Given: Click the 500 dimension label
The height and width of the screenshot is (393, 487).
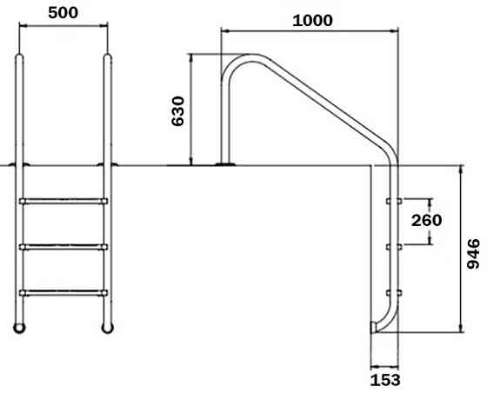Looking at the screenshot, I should [63, 13].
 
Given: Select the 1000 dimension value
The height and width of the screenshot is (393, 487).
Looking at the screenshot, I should [311, 20].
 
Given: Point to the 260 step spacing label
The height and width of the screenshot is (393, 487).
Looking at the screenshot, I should [426, 220].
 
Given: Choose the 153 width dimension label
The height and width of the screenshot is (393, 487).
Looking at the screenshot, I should [385, 379].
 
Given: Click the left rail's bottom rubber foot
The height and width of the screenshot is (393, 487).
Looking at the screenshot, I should [20, 327].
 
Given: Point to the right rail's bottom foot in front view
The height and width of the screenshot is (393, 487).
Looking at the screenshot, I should [108, 327].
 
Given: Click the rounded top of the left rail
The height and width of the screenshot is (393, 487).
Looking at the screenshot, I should [20, 58].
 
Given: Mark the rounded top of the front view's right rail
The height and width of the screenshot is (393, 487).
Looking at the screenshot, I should [108, 58].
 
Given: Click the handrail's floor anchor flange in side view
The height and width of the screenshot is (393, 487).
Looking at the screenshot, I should [225, 163].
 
